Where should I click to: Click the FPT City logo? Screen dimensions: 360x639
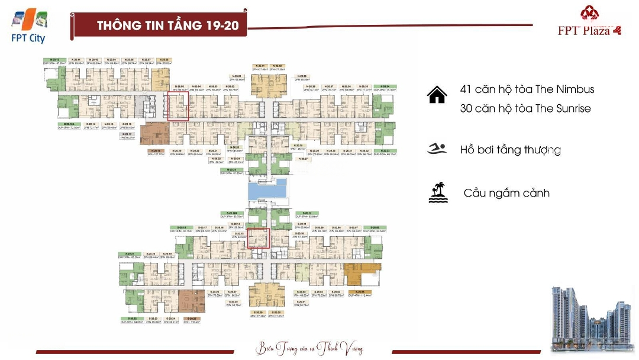click(x=29, y=27)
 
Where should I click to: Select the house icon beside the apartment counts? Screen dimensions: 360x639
click(x=437, y=95)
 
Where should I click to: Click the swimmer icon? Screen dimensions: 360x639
click(x=437, y=149)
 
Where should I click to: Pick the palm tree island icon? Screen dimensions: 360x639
click(x=438, y=192)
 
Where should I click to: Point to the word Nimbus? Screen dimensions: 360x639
click(x=574, y=89)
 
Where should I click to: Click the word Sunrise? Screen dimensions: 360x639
click(x=572, y=108)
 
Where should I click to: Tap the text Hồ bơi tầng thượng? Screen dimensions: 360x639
click(x=510, y=150)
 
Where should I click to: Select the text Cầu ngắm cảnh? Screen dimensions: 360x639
click(x=506, y=193)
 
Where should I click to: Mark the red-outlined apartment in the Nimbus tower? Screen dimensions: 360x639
click(x=178, y=107)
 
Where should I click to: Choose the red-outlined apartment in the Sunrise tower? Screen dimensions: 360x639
click(x=258, y=238)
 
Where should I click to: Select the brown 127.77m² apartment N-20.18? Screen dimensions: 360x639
click(x=157, y=133)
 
